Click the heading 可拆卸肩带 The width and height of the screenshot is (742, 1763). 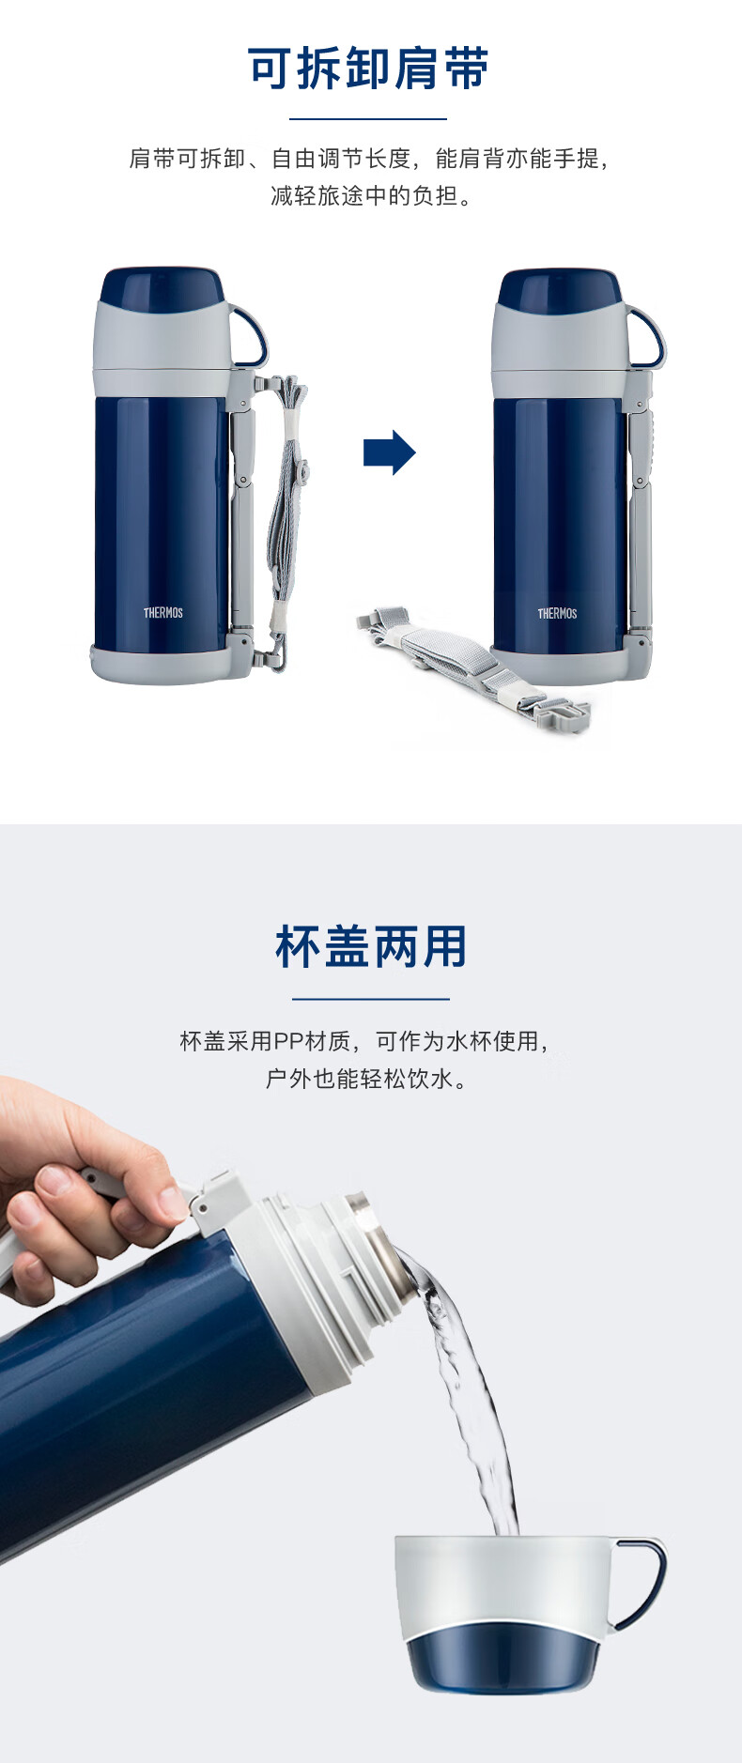(368, 69)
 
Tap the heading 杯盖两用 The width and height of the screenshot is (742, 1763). (371, 946)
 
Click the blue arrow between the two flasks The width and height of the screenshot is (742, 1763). (389, 452)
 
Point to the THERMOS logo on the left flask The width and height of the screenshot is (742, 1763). (163, 612)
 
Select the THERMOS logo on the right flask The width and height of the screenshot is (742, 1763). (557, 613)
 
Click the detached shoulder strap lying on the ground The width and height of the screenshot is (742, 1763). (473, 669)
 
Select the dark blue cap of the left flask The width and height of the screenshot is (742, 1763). (162, 288)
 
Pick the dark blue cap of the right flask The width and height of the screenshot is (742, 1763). (559, 289)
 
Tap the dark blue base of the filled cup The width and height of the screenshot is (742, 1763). (503, 1657)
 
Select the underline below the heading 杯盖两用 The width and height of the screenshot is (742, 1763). (371, 999)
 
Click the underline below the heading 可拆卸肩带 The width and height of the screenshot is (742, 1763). (368, 119)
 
